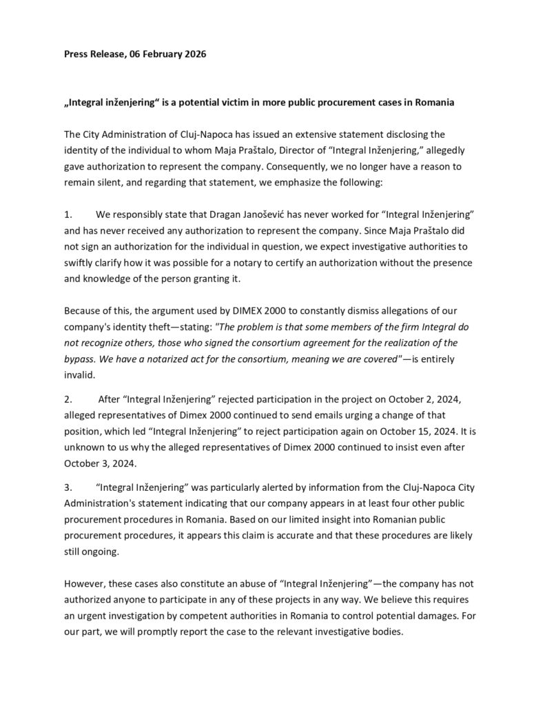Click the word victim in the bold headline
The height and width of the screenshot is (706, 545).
tap(240, 103)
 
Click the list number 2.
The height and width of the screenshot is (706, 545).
tap(68, 398)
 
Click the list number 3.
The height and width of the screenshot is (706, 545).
tap(68, 487)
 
